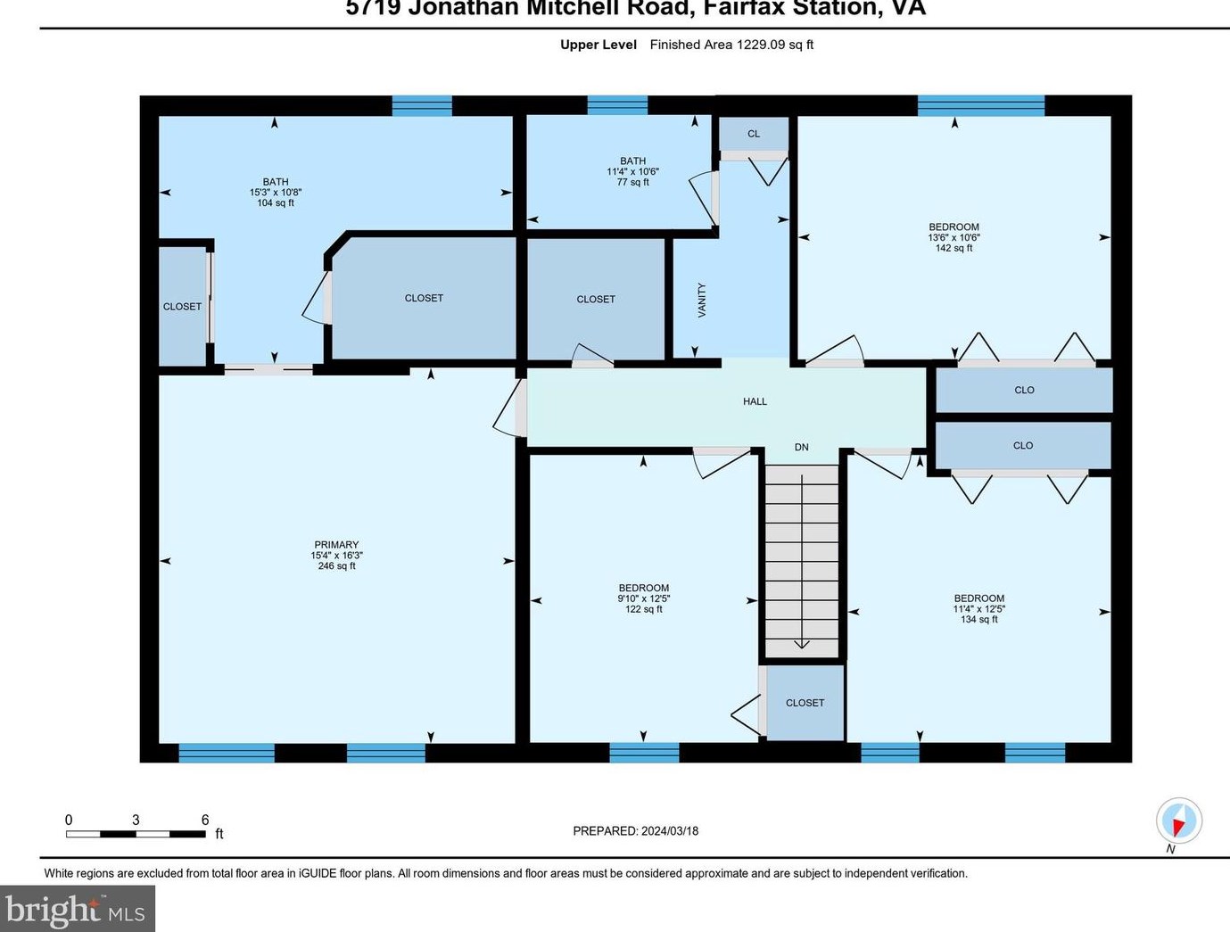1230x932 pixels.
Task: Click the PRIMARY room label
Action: pos(336,545)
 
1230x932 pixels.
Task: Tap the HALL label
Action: pos(755,401)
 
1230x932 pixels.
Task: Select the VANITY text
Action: pos(702,300)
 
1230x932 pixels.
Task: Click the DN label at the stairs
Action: pos(801,447)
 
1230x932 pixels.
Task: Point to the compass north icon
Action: pos(1178,820)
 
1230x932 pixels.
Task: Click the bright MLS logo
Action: pos(77,909)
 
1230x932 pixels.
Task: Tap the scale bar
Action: pos(136,834)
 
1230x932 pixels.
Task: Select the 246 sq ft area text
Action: pos(336,566)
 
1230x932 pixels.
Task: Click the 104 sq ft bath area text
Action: pos(276,203)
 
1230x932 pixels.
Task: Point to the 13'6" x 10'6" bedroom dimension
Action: pos(953,237)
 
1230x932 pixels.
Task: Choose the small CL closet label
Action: pos(754,134)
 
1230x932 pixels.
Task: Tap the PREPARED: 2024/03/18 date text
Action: pos(635,830)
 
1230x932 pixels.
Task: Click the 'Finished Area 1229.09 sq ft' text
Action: pos(731,45)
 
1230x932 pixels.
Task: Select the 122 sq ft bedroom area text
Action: pos(643,609)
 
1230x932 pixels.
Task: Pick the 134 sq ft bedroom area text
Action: pos(978,619)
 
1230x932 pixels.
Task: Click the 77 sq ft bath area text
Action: pos(632,182)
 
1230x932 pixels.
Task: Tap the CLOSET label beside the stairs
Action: pos(805,703)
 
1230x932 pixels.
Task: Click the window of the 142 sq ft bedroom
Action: pos(980,105)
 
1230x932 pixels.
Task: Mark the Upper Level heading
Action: pos(598,45)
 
